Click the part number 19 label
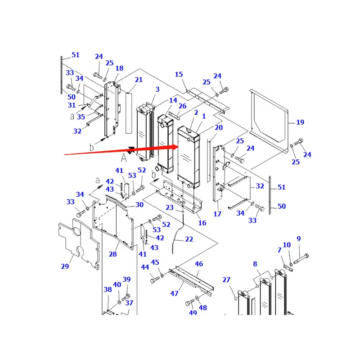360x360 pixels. (x=300, y=122)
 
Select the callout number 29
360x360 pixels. (x=65, y=266)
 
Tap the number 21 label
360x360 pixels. (x=139, y=80)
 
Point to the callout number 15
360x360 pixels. (x=179, y=74)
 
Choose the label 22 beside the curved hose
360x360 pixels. (x=189, y=239)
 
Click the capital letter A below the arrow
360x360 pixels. (x=123, y=157)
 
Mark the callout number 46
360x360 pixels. (x=199, y=264)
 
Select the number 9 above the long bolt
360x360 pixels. (x=298, y=239)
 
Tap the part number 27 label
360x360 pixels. (x=226, y=280)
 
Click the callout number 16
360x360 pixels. (x=202, y=223)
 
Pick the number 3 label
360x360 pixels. (x=157, y=90)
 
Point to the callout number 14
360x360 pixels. (x=173, y=100)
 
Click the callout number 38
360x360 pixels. (x=108, y=289)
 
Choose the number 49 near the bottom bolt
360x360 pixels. (x=193, y=313)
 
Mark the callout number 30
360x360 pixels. (x=139, y=204)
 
